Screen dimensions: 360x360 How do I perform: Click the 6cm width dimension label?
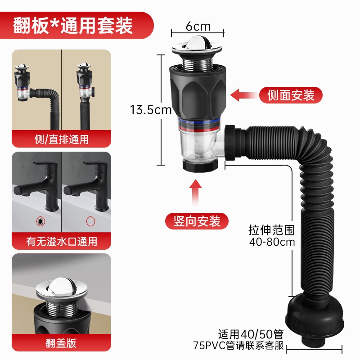click(x=198, y=27)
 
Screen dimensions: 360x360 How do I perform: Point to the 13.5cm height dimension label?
click(x=151, y=109)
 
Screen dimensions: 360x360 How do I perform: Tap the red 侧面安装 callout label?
click(x=291, y=95)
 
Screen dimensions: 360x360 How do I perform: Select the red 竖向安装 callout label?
click(x=197, y=221)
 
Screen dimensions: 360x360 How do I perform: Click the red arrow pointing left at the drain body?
click(x=243, y=95)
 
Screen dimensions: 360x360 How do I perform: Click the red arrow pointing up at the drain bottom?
click(x=195, y=193)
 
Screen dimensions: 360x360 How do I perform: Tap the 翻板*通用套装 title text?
click(x=73, y=26)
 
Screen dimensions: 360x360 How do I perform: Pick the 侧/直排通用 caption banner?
click(x=61, y=139)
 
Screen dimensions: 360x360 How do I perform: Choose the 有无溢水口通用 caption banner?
click(x=61, y=241)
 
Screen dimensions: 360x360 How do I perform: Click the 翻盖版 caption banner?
click(x=61, y=343)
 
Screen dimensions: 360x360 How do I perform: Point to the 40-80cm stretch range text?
click(x=272, y=242)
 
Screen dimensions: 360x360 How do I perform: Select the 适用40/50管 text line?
click(x=251, y=334)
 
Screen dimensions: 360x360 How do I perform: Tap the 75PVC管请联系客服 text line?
click(x=238, y=346)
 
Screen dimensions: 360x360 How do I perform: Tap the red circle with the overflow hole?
click(x=41, y=221)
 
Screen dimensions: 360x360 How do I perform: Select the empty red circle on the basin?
click(x=91, y=221)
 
